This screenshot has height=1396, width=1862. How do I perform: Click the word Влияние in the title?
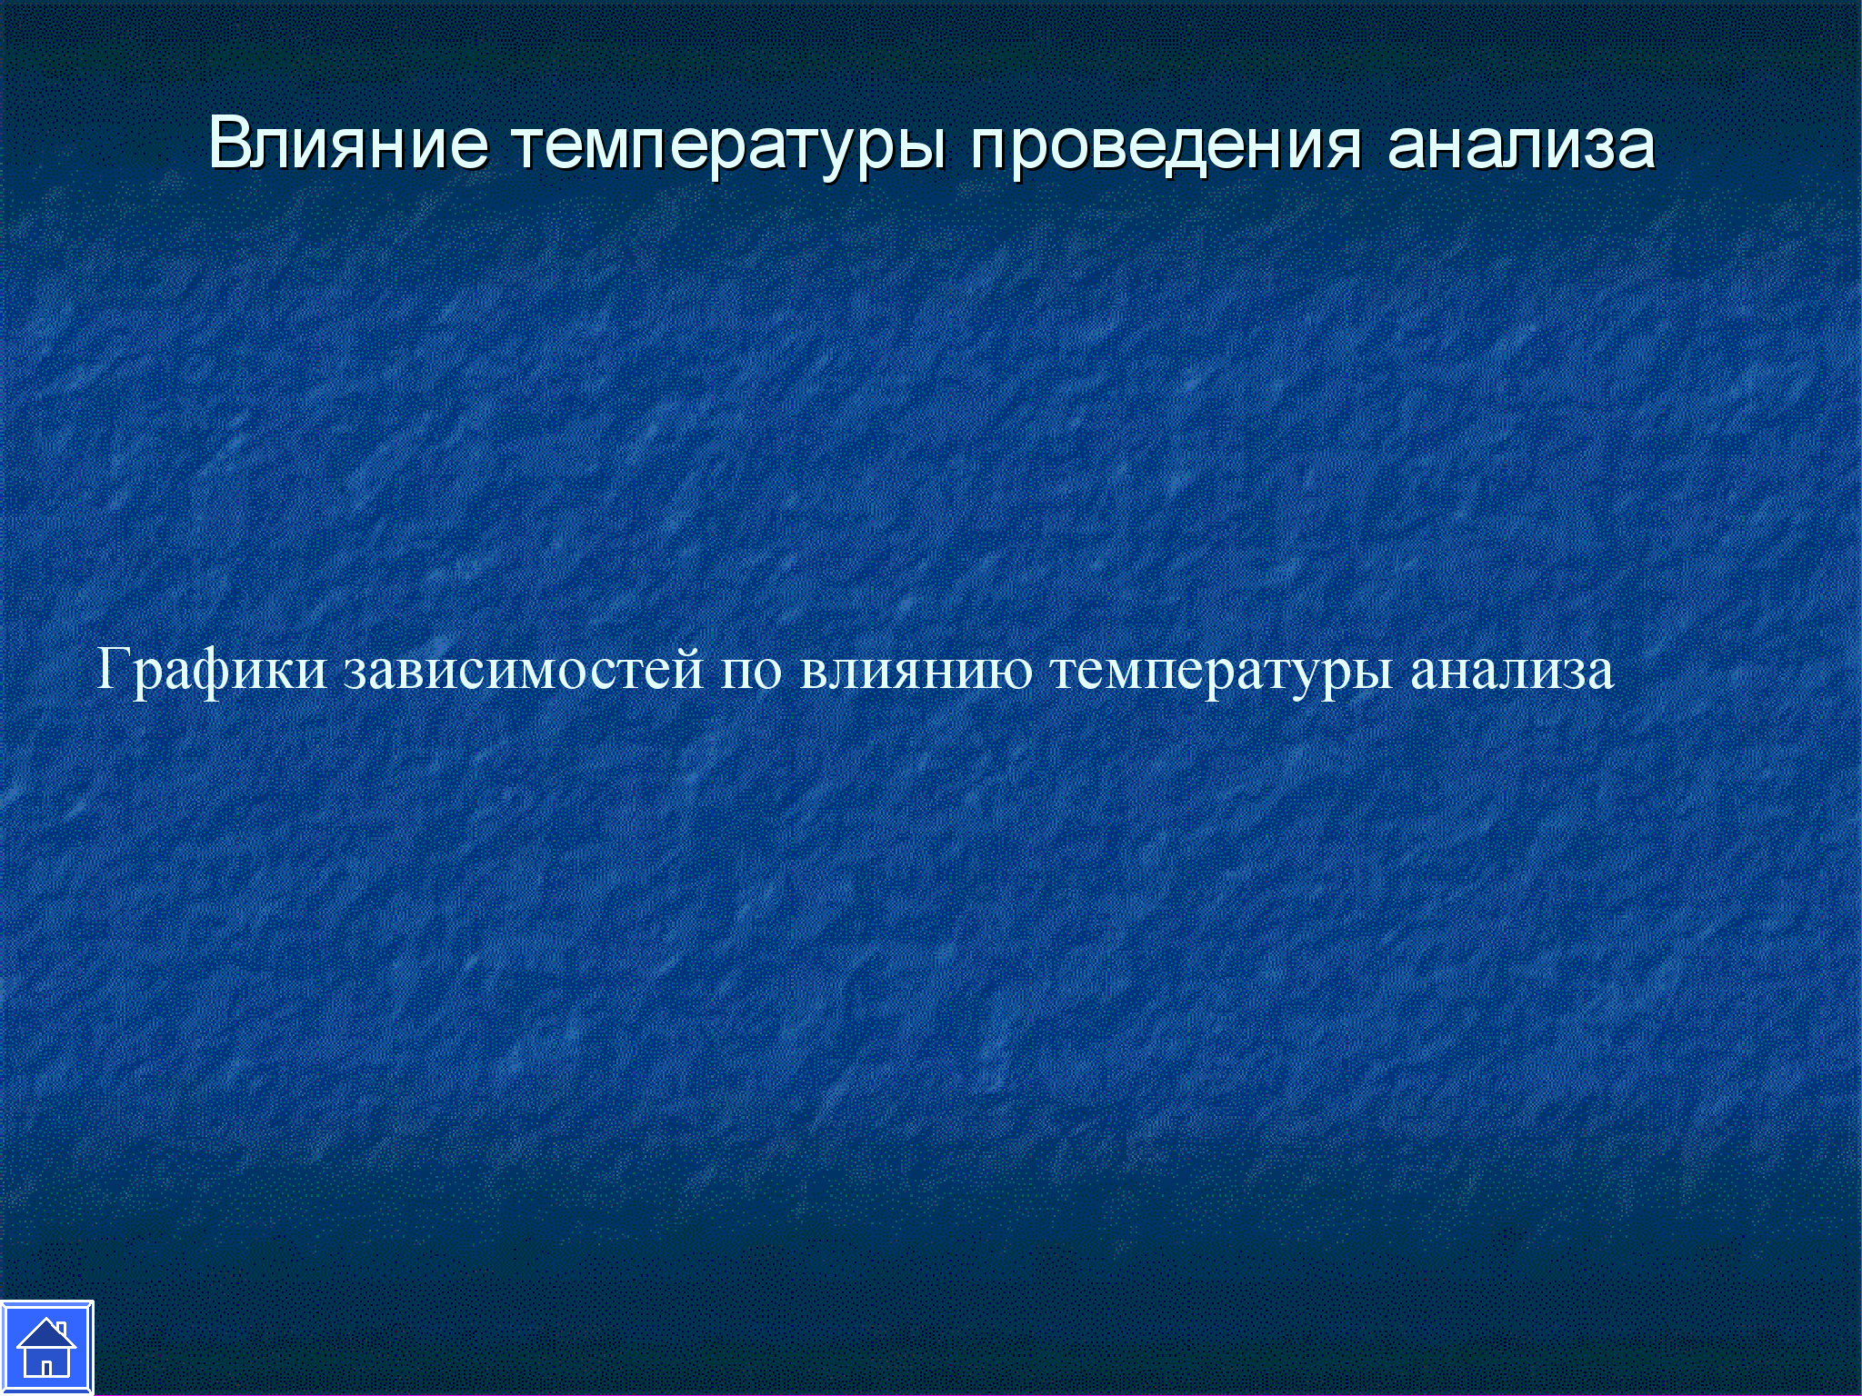point(349,144)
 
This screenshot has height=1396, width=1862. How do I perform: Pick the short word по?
point(752,675)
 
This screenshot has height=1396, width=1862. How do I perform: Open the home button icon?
point(46,1348)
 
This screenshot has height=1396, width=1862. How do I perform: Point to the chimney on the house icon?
point(61,1329)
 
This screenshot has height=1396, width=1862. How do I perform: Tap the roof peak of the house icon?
point(45,1321)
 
